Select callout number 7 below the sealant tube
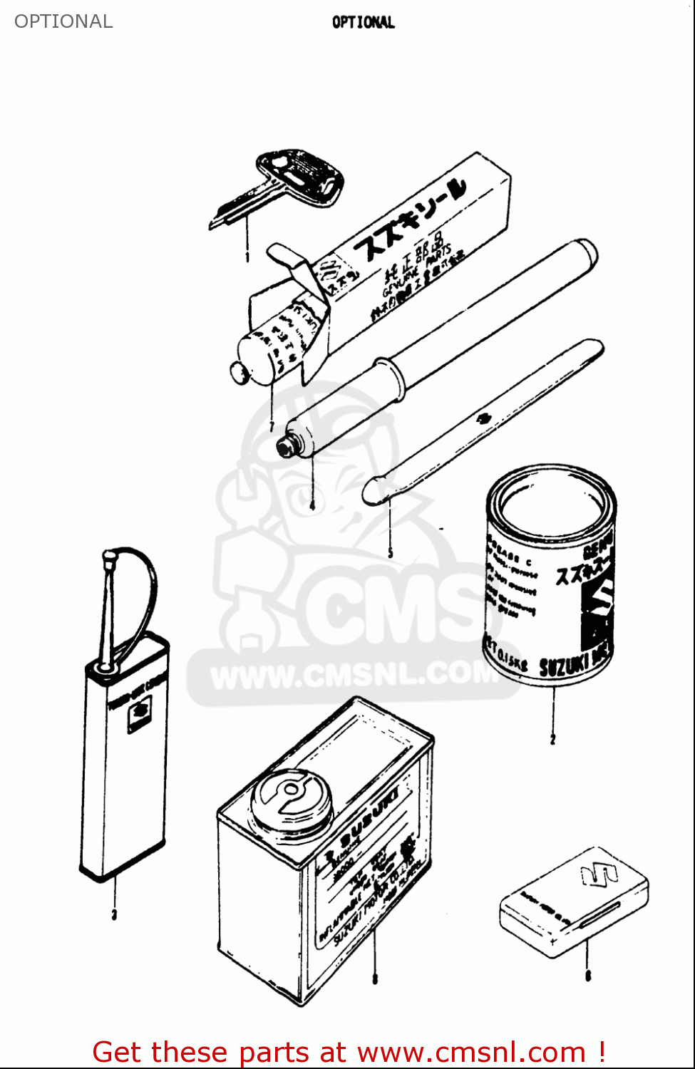pos(272,426)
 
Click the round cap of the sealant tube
pos(238,371)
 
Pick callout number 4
pos(312,505)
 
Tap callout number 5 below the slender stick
pos(390,553)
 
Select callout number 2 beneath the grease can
pos(552,740)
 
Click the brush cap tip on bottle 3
pos(110,557)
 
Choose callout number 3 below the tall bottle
pos(114,914)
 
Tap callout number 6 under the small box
pos(588,976)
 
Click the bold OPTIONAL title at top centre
pos(363,22)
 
